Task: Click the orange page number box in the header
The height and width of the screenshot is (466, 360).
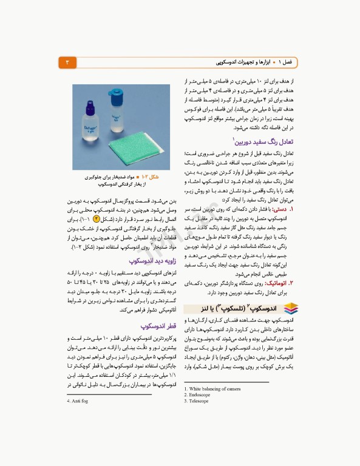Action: (x=67, y=62)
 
